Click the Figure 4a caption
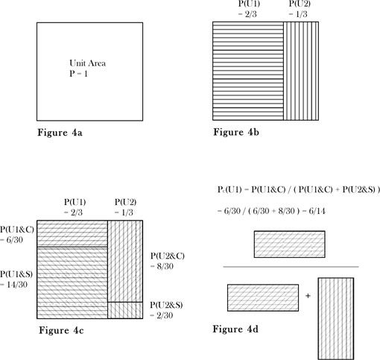click(x=60, y=133)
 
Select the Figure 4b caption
click(x=236, y=132)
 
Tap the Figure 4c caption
click(x=61, y=330)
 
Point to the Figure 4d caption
click(x=235, y=329)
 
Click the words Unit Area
click(x=87, y=63)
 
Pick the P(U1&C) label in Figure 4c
click(x=17, y=230)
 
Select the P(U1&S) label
click(x=16, y=274)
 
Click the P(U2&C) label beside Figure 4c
click(x=168, y=256)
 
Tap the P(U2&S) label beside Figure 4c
click(x=166, y=305)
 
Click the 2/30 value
click(x=165, y=315)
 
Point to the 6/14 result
click(x=317, y=211)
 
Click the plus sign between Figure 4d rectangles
click(x=308, y=296)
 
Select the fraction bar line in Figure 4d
click(x=291, y=267)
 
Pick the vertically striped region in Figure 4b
click(x=301, y=71)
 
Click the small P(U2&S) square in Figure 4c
click(x=125, y=310)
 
